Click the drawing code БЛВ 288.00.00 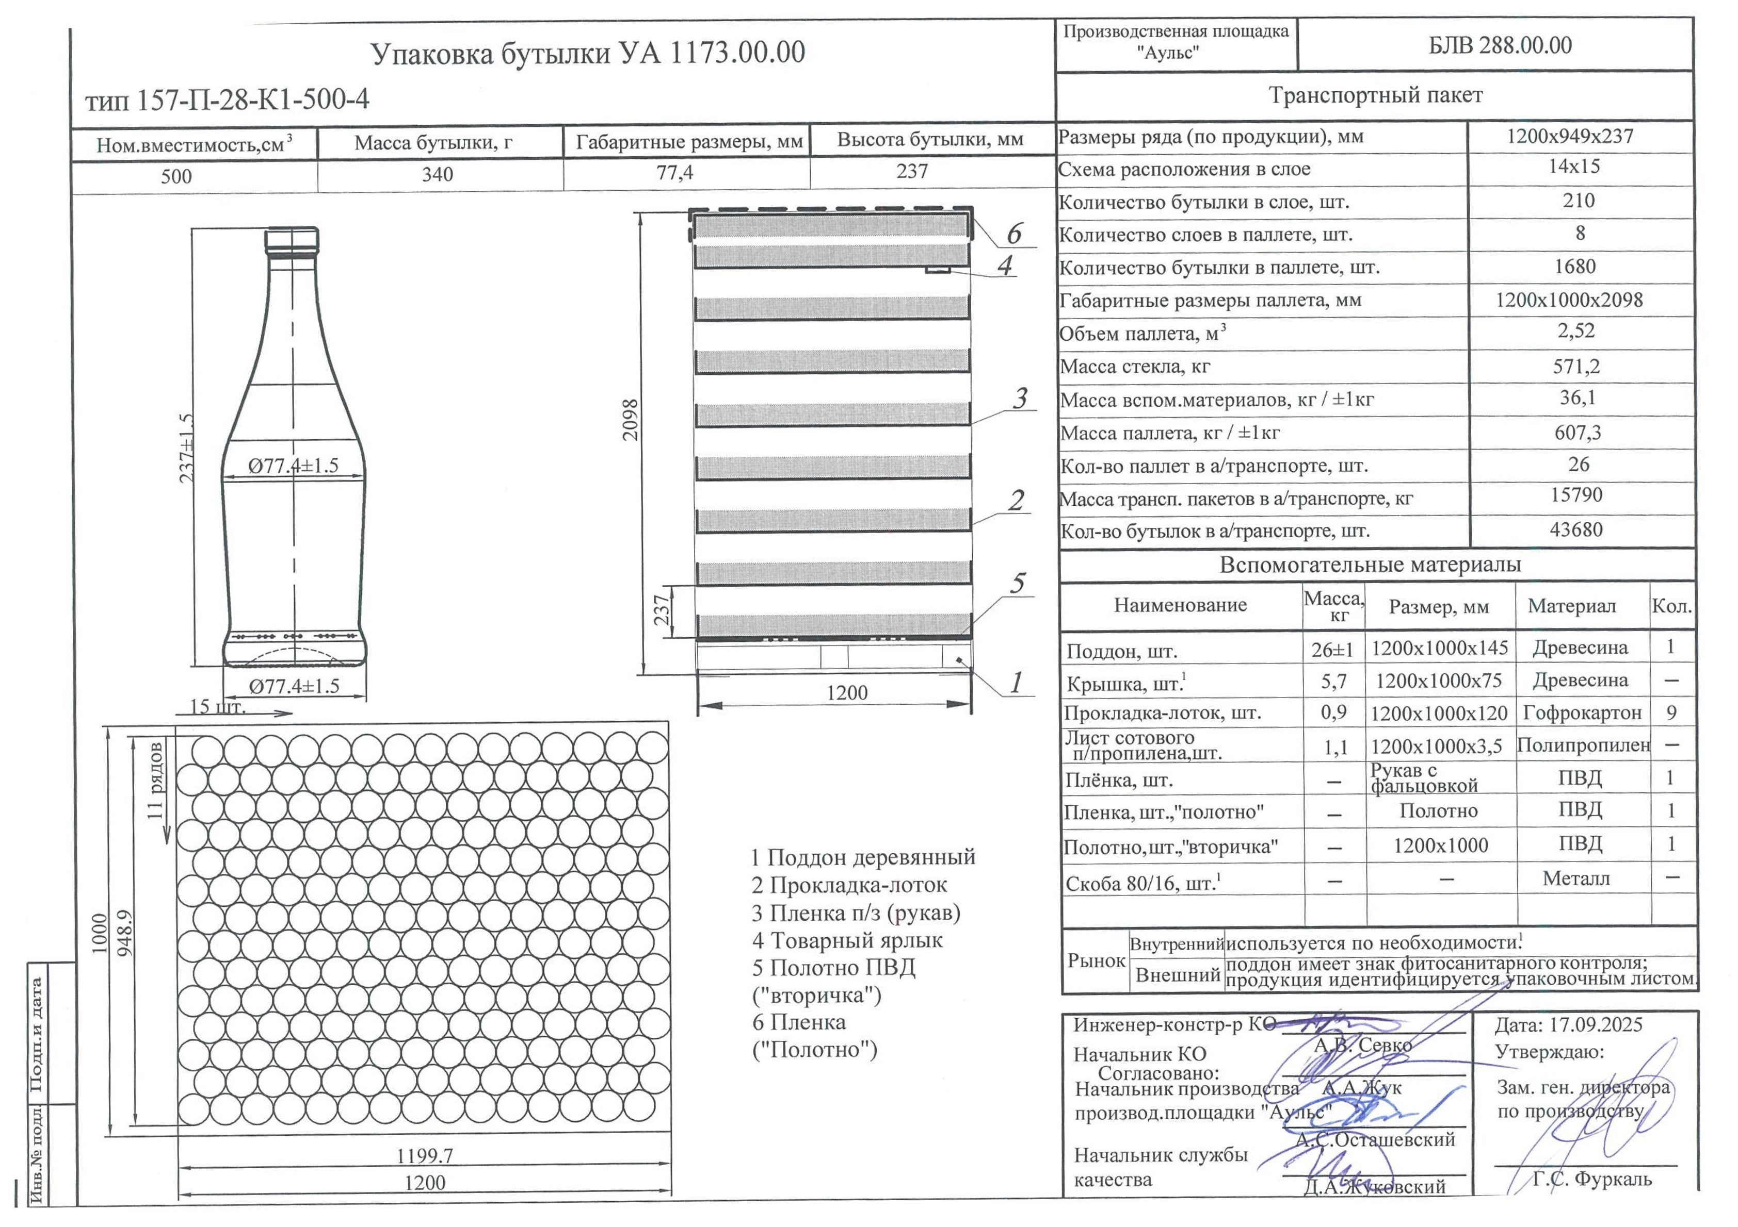(x=1500, y=45)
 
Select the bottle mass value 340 (x=438, y=175)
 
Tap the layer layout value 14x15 (x=1574, y=167)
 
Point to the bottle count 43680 (x=1576, y=529)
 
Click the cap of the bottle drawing (x=292, y=241)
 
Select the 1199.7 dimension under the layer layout (x=425, y=1156)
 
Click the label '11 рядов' (x=155, y=781)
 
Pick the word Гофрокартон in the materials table (x=1582, y=712)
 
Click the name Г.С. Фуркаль (x=1592, y=1180)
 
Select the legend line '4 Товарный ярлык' (x=847, y=940)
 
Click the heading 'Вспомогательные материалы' (x=1370, y=565)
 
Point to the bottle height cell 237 (x=912, y=172)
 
